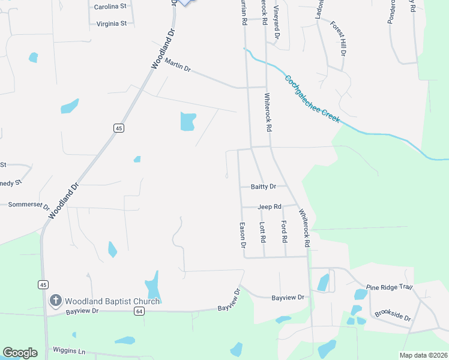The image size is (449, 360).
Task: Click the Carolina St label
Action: (x=110, y=7)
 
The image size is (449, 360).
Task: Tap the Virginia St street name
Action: (x=111, y=24)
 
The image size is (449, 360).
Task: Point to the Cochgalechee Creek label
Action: (x=312, y=99)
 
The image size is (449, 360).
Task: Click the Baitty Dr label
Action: (x=264, y=187)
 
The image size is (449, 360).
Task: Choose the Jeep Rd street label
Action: (x=270, y=207)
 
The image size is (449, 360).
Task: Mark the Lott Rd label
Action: (x=262, y=232)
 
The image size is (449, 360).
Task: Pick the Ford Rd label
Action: (x=284, y=231)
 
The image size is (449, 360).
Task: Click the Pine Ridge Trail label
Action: (x=390, y=287)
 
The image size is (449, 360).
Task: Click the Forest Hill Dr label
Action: (x=339, y=38)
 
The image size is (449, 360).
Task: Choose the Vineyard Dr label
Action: (x=277, y=23)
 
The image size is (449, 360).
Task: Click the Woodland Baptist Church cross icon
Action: (x=56, y=301)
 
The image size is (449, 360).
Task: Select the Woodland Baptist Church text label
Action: (x=112, y=301)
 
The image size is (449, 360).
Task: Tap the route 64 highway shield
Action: (x=139, y=311)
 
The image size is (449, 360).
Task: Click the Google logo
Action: (x=20, y=353)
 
